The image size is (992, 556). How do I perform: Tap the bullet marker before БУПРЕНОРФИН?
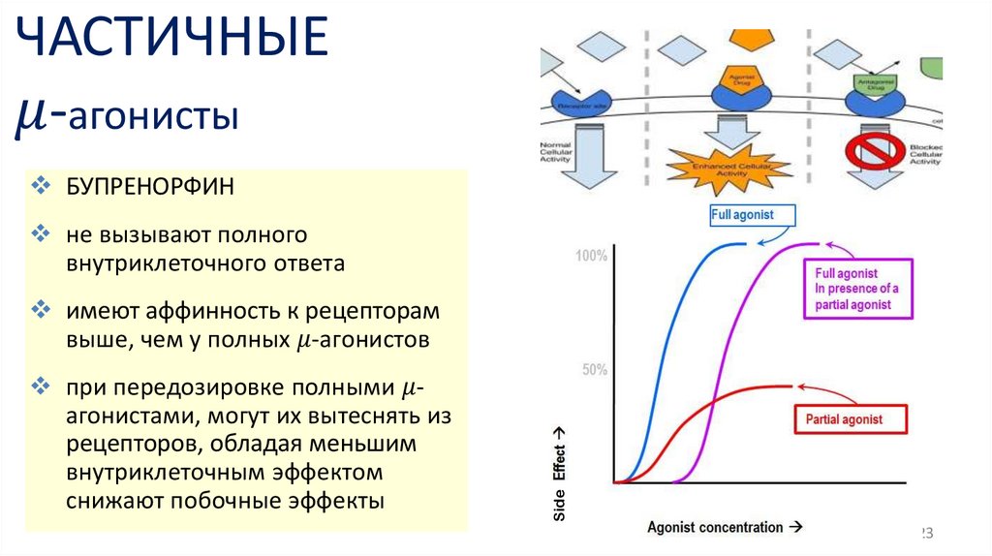41,185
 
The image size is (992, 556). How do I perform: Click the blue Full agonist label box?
742,215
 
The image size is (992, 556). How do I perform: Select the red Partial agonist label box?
844,420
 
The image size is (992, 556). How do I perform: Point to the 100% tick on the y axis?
591,257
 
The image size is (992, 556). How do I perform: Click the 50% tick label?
594,370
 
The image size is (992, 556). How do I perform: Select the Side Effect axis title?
560,475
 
